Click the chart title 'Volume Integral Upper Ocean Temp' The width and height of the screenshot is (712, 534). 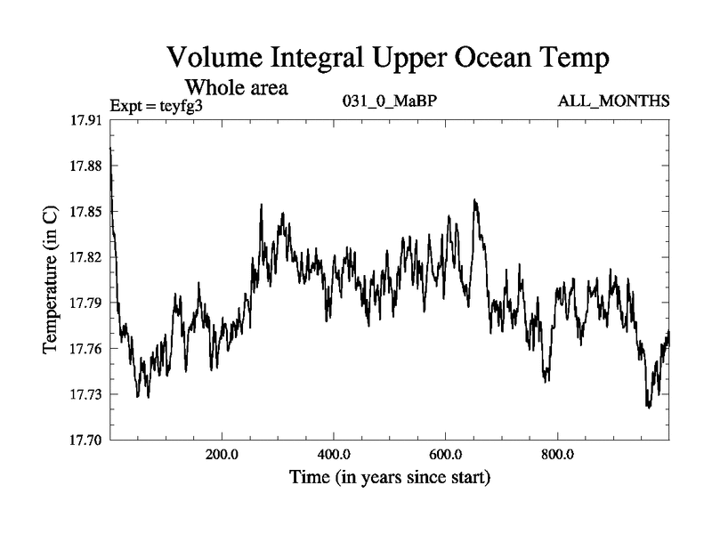389,60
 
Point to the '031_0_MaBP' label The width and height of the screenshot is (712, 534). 389,101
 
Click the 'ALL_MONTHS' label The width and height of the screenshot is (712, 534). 613,101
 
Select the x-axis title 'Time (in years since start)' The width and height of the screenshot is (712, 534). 389,478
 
